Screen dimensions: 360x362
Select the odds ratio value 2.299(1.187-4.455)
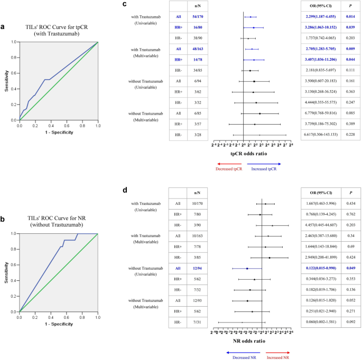pos(320,17)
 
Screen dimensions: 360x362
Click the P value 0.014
pos(350,17)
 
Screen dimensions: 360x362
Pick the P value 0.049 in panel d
pos(350,268)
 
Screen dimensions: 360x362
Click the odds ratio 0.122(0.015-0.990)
pos(320,268)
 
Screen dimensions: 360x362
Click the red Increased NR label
pos(277,357)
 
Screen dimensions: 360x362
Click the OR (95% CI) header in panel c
pos(320,6)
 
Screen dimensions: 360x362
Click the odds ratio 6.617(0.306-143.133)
pos(320,135)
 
